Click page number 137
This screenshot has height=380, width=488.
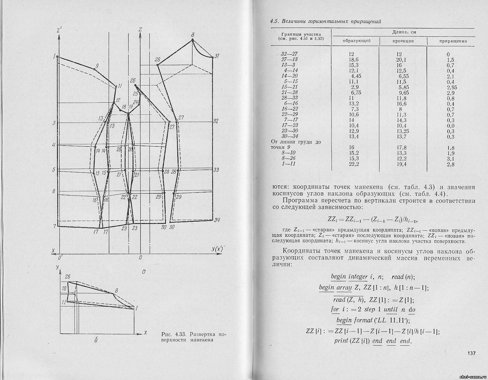tap(471, 353)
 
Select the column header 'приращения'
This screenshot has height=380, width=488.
tap(453, 41)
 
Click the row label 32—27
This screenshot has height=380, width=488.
tap(289, 54)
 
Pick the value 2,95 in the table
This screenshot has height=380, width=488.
tap(450, 87)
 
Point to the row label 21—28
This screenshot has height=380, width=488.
tap(289, 93)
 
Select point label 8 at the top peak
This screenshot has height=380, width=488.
tap(193, 34)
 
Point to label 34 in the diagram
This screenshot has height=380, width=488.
tap(217, 220)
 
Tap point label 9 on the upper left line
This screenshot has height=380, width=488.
tap(97, 66)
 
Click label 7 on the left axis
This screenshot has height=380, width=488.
tap(54, 226)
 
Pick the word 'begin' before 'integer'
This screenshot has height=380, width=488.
tap(338, 277)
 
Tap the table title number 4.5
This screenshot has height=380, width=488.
tap(274, 21)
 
